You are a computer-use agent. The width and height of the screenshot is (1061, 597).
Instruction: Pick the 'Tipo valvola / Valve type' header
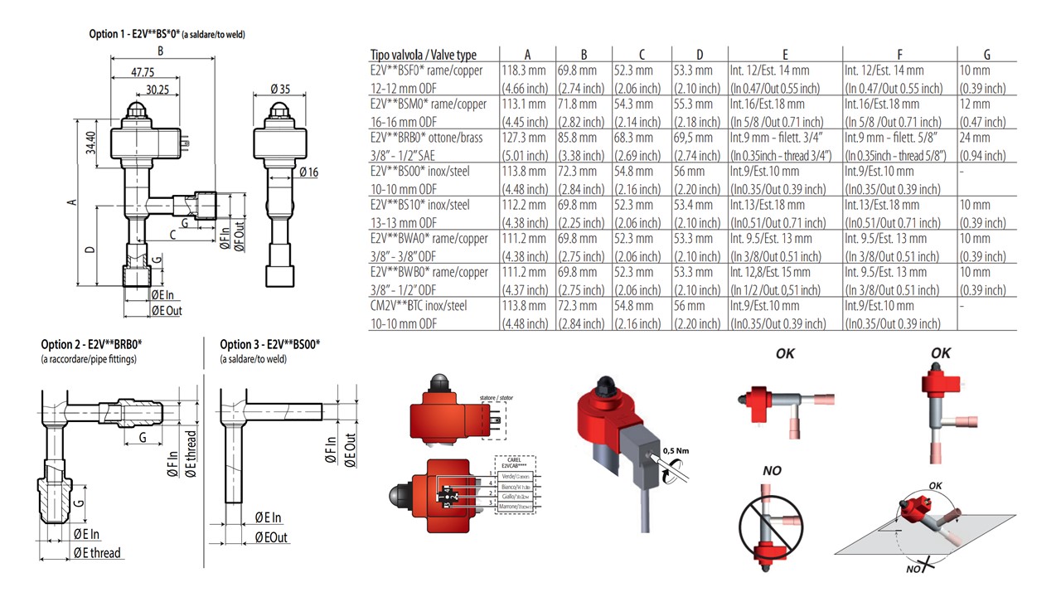423,55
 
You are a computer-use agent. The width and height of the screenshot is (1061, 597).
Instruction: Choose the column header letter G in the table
986,55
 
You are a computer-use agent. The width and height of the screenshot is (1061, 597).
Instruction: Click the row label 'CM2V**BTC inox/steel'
419,306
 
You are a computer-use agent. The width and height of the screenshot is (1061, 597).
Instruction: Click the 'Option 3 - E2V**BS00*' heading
270,344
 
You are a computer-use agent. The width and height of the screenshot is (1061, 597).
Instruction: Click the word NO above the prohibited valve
772,471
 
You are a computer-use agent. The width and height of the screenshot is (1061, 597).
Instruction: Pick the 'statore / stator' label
496,398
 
